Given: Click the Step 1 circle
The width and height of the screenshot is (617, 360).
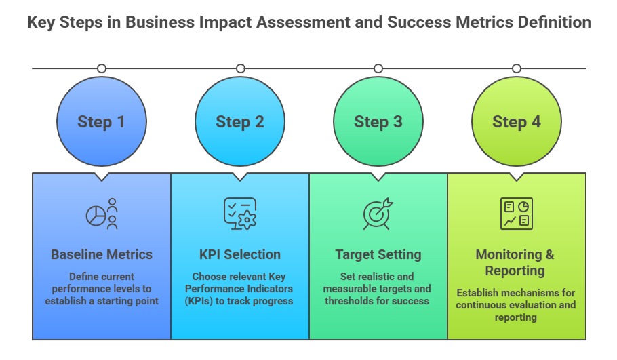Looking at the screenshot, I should [102, 122].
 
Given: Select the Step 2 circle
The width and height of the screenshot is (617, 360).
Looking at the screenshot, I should [240, 122].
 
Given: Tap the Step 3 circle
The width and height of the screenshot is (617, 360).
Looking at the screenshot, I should [378, 122].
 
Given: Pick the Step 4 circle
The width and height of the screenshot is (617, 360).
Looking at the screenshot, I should [517, 122].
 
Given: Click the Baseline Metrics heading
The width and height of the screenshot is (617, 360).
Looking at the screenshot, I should [102, 255].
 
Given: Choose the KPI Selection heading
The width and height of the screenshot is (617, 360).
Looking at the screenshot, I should [240, 255].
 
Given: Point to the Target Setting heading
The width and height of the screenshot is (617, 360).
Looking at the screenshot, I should [378, 255].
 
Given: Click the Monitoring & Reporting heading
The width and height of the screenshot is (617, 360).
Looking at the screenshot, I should [515, 262].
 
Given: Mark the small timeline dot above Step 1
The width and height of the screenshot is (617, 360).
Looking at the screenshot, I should [102, 68].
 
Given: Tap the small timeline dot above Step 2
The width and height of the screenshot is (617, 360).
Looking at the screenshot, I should [240, 68].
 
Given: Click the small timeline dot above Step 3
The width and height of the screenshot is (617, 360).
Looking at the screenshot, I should [378, 68].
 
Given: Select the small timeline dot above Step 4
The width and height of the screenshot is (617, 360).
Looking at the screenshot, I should [517, 68].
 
